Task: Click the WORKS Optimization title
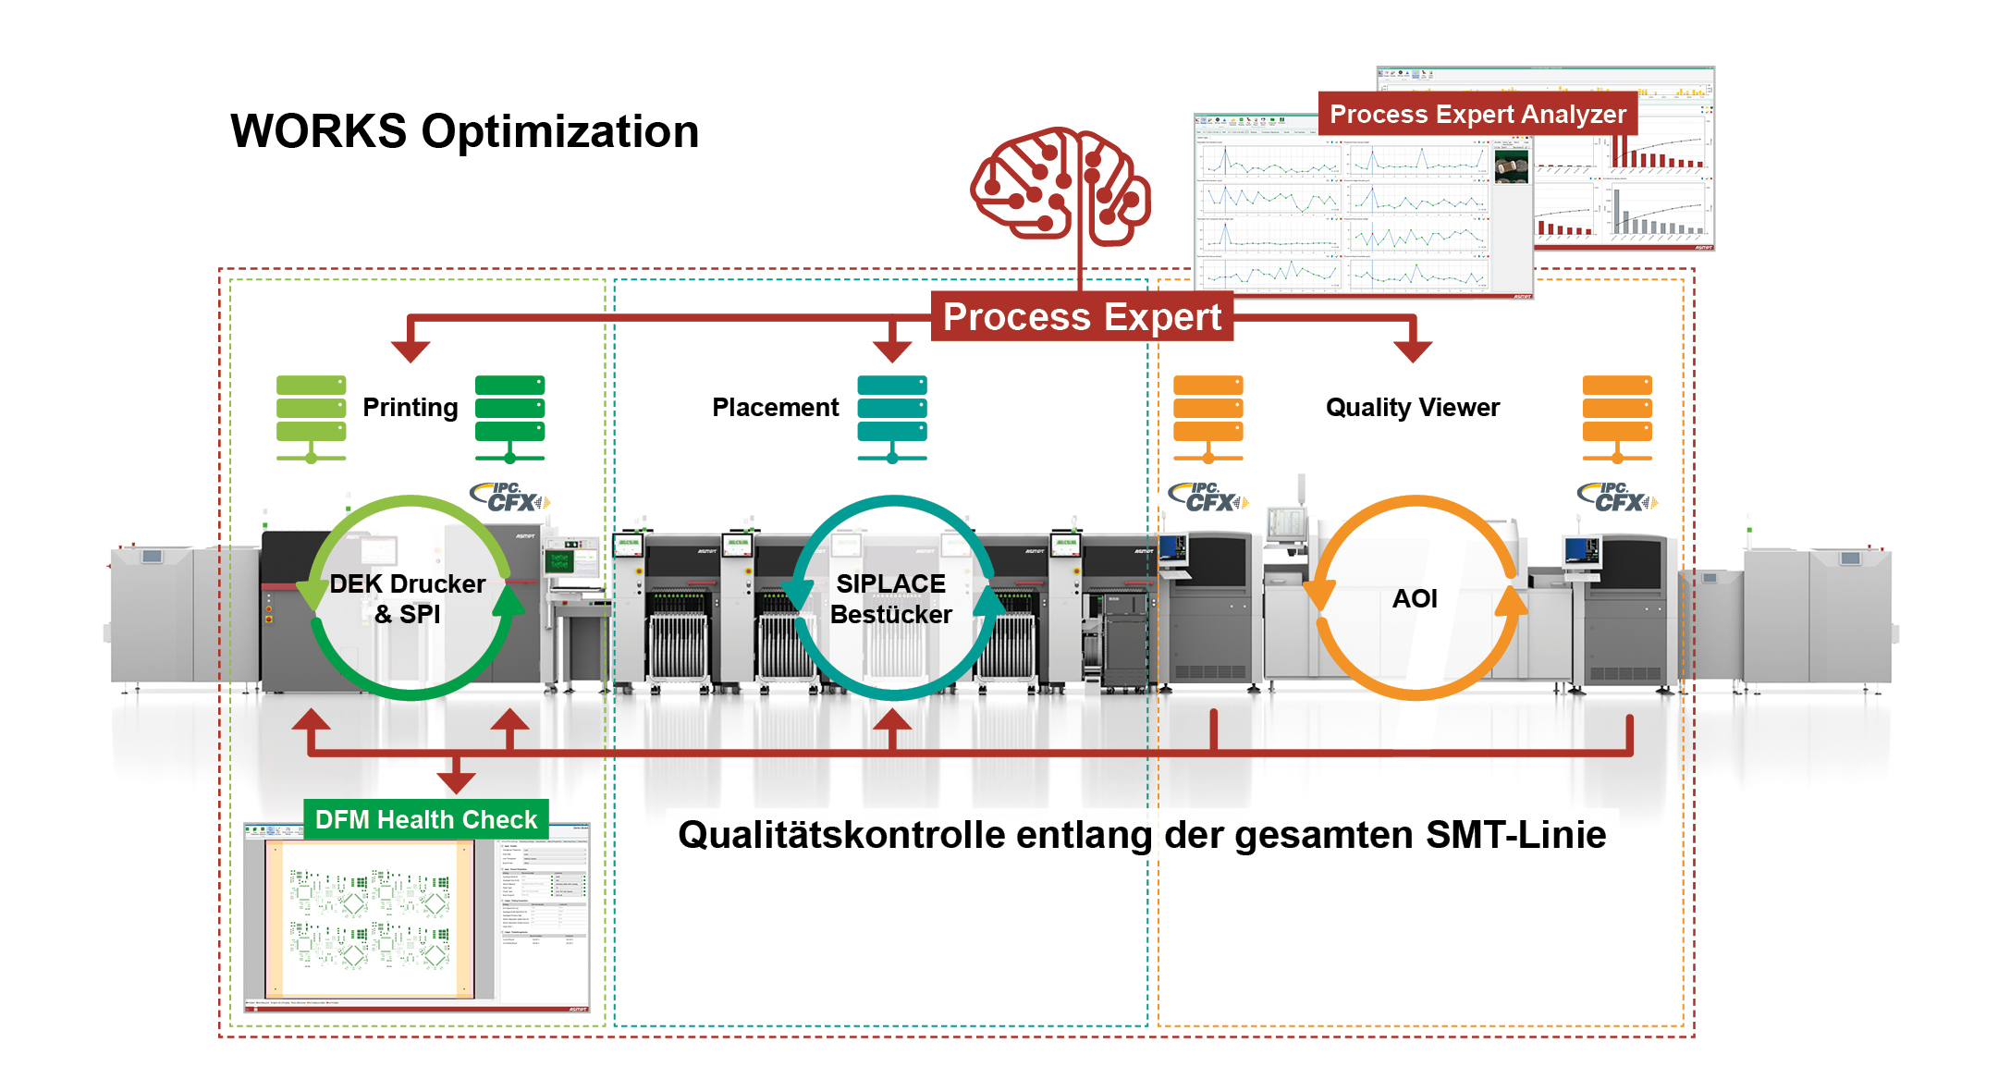pos(464,131)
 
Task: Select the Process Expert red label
pos(1082,317)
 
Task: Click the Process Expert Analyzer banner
pos(1477,115)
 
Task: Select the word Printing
pos(410,408)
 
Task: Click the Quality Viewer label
pos(1412,408)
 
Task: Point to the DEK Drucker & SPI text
pos(408,598)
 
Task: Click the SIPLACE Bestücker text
pos(890,598)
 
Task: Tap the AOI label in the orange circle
pos(1414,598)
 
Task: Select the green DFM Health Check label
pos(425,819)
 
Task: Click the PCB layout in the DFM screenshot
pos(370,918)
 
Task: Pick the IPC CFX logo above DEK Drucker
pos(509,497)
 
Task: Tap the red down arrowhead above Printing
pos(411,350)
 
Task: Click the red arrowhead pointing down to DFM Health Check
pos(456,781)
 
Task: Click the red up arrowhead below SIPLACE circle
pos(892,720)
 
